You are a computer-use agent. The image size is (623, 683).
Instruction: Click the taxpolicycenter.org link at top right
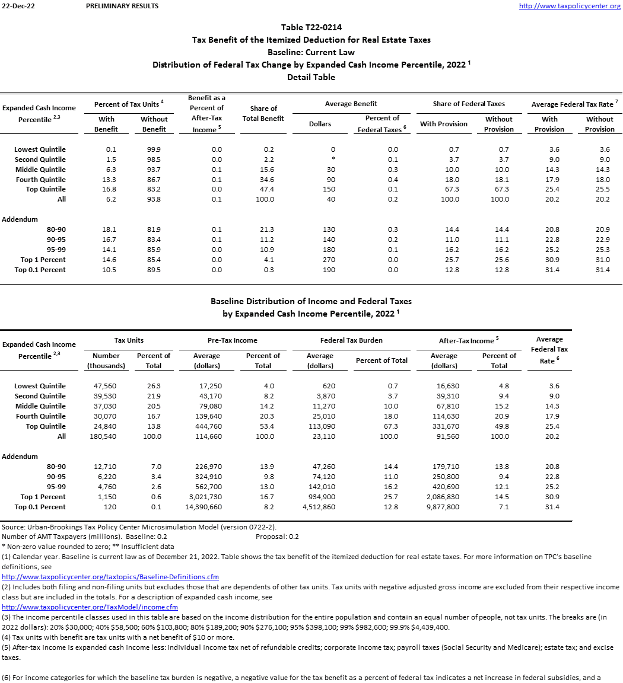click(x=570, y=6)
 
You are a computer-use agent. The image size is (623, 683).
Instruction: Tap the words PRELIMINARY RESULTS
click(x=122, y=6)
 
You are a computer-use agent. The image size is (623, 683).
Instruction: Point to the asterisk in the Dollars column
click(x=333, y=159)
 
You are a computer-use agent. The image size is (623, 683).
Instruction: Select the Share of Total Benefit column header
click(x=263, y=113)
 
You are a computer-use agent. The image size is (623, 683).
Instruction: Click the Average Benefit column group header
click(x=351, y=104)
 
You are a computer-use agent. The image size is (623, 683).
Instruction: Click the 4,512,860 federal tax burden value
click(x=319, y=507)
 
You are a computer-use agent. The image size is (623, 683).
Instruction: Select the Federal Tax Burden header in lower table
click(x=351, y=340)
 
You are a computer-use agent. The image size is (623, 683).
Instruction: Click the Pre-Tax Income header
click(x=233, y=340)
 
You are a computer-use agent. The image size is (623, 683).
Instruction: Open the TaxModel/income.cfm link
click(x=90, y=607)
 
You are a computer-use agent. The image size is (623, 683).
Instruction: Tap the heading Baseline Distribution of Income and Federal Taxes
click(x=311, y=302)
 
